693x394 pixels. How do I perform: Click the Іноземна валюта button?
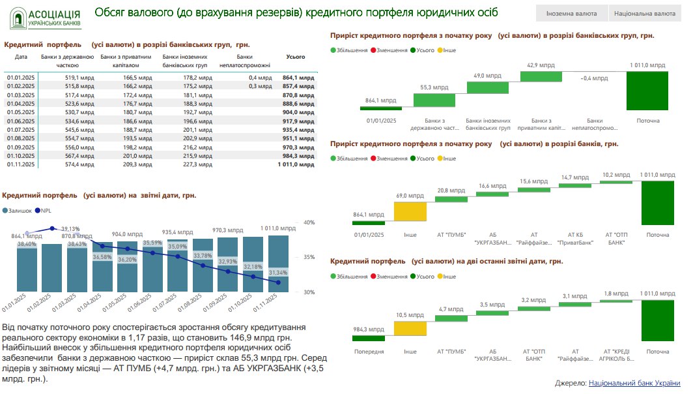click(571, 13)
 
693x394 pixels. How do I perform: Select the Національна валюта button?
click(643, 13)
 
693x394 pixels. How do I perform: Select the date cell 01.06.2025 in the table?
click(21, 121)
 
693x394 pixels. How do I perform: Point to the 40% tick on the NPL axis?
click(309, 222)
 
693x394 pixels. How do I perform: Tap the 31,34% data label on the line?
click(277, 272)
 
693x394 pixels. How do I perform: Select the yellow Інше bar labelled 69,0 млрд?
click(410, 212)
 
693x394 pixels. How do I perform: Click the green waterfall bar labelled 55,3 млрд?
click(434, 100)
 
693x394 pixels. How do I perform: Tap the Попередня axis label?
click(369, 351)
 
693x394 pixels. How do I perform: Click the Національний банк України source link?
click(634, 384)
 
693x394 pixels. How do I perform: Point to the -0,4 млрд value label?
click(594, 78)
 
